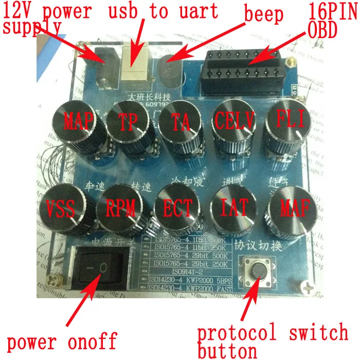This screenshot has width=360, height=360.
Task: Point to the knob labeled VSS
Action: pyautogui.click(x=62, y=208)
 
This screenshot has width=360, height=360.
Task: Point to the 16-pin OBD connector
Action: pyautogui.click(x=246, y=68)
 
